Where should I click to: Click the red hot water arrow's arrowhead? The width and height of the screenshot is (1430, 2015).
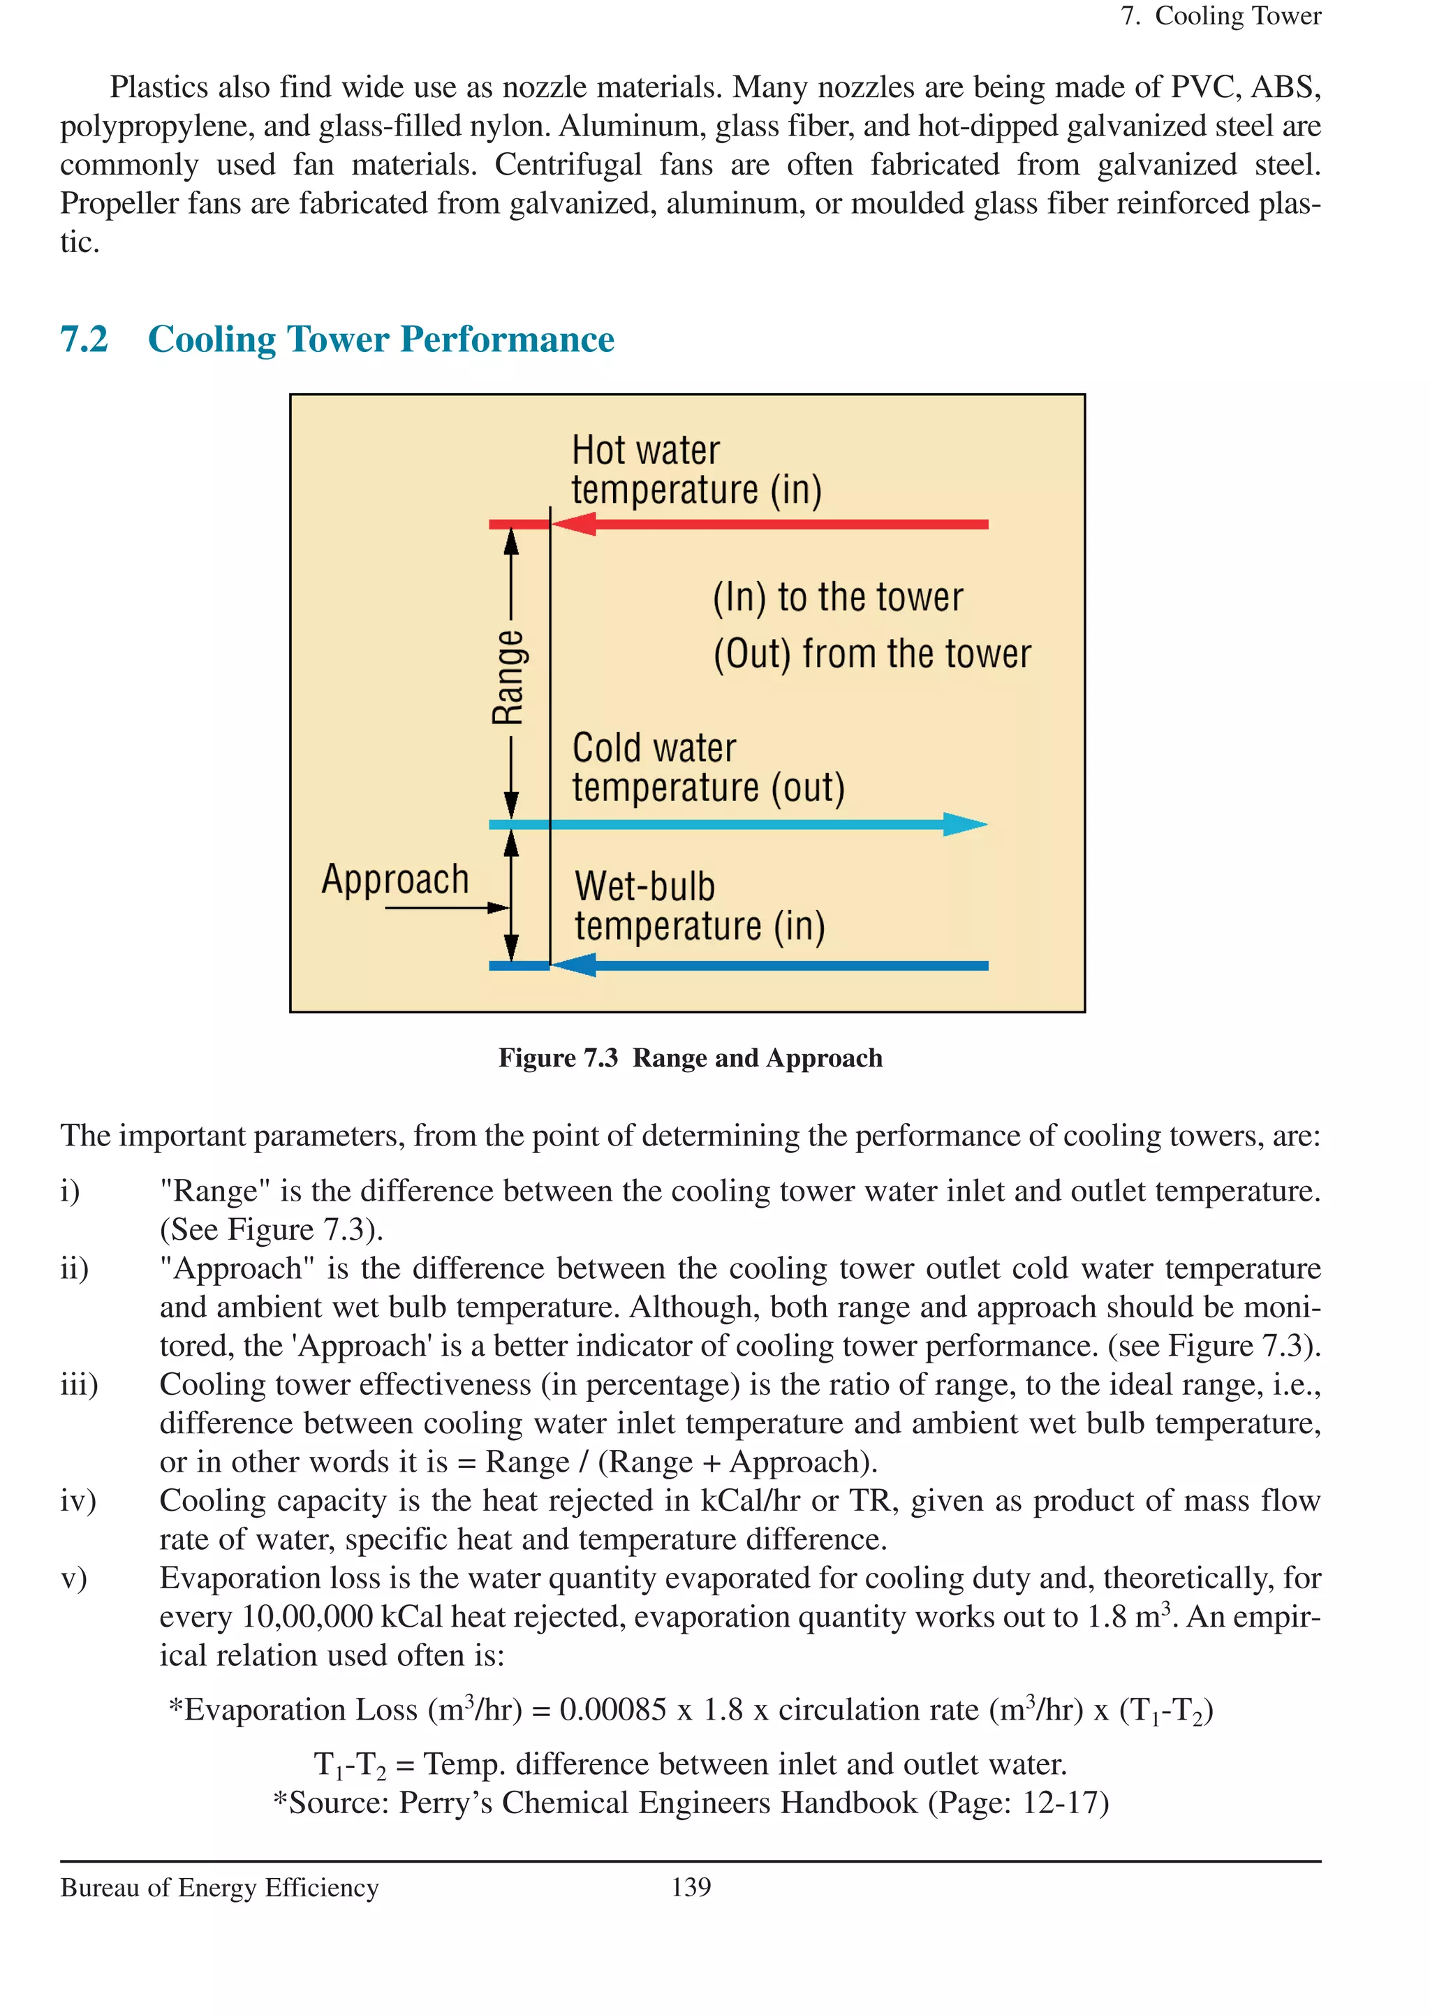coord(573,524)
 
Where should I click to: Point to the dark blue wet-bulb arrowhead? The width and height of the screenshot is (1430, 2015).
coord(573,965)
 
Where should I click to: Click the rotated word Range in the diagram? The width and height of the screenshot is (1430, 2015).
coord(509,676)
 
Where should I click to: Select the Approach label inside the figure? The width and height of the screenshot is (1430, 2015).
coord(395,879)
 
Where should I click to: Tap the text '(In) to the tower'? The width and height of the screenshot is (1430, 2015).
coord(837,598)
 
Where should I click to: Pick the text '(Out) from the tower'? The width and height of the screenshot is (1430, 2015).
coord(871,654)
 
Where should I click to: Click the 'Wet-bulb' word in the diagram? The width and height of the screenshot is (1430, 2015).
coord(644,887)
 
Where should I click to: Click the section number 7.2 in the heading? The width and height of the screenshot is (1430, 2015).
coord(84,339)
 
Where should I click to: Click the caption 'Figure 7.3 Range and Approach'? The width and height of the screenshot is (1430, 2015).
coord(691,1057)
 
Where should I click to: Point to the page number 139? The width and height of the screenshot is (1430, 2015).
coord(691,1886)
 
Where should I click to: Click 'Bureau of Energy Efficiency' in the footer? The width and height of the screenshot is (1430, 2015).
coord(219,1887)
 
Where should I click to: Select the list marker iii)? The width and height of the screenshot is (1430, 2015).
coord(78,1384)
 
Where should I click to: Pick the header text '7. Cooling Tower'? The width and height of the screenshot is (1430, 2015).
coord(1221,16)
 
